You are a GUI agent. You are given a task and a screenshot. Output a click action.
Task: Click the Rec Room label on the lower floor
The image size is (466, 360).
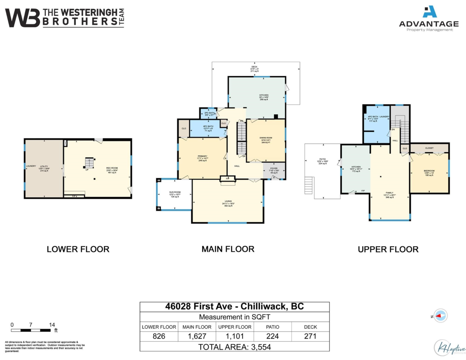(x=112, y=168)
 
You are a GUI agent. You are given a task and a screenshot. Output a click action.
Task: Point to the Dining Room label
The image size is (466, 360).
(x=266, y=138)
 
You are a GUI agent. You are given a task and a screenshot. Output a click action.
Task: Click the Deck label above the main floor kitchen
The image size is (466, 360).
(x=255, y=67)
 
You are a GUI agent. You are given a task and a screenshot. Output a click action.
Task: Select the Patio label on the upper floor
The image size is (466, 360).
(x=323, y=159)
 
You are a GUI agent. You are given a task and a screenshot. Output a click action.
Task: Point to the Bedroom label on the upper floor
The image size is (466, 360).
(x=429, y=171)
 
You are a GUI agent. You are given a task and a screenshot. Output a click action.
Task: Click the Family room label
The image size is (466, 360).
(x=389, y=193)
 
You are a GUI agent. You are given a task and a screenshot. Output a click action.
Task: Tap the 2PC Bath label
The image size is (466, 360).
(x=209, y=113)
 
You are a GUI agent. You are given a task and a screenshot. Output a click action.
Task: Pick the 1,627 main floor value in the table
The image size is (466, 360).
(x=197, y=336)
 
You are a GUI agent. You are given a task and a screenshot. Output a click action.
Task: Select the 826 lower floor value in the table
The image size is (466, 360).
(x=159, y=336)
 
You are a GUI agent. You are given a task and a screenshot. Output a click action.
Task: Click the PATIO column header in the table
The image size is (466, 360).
(x=272, y=327)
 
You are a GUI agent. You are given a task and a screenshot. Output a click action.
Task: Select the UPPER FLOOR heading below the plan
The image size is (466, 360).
(x=388, y=249)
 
